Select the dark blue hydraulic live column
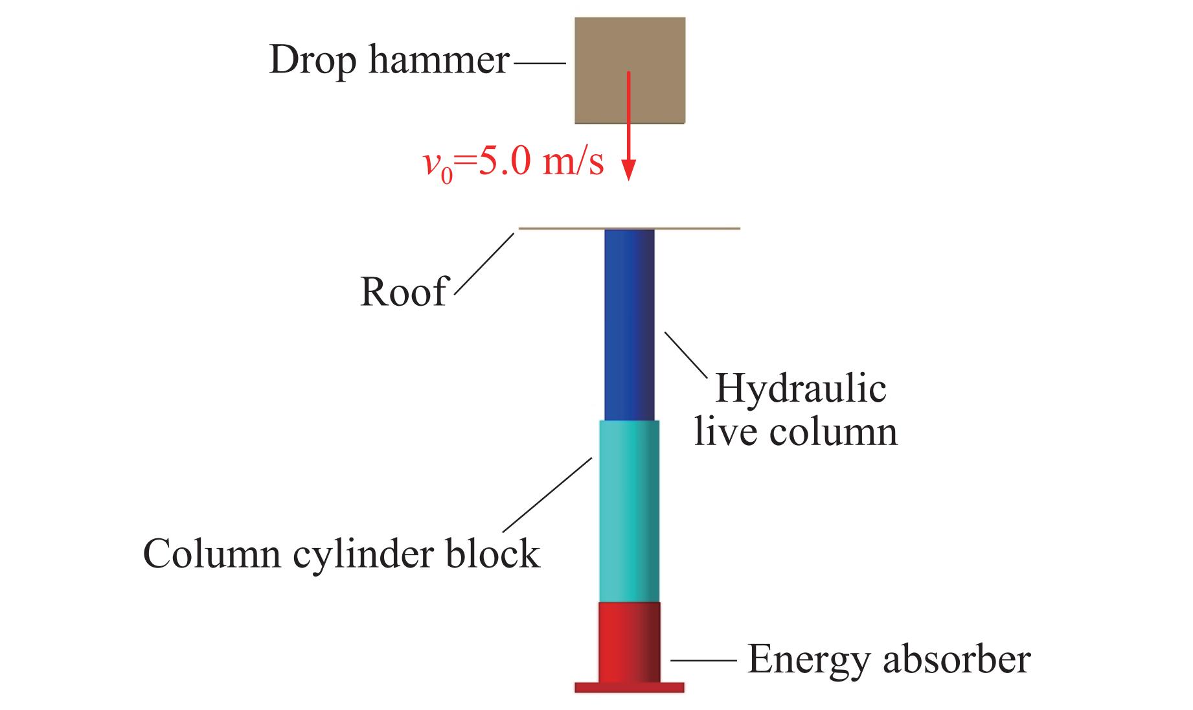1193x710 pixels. pos(629,324)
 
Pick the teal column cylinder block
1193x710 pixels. pos(629,511)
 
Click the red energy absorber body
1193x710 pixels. pos(629,641)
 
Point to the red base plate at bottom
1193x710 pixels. pos(629,687)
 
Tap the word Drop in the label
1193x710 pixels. pos(312,60)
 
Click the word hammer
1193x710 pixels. pos(439,60)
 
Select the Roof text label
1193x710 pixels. pos(403,292)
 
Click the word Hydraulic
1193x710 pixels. pos(801,389)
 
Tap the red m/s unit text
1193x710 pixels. pos(573,161)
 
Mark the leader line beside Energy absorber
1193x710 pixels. pos(703,661)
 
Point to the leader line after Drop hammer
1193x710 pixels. pos(539,63)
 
